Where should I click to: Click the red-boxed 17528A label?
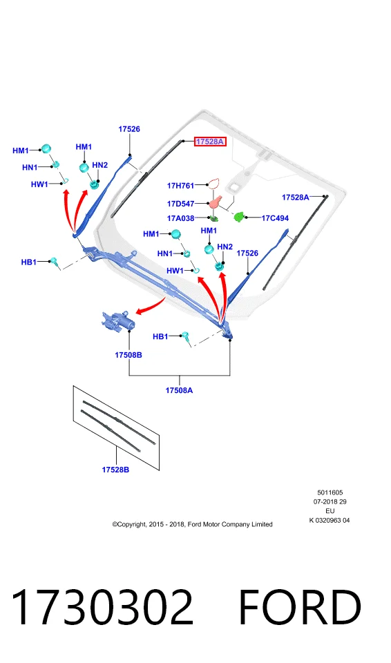(x=210, y=142)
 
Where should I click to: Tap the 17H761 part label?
(x=180, y=185)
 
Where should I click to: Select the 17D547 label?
(x=180, y=204)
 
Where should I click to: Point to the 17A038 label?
(x=180, y=218)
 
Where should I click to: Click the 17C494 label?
(x=275, y=218)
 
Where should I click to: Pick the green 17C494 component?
(x=240, y=217)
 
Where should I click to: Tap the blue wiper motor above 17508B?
(x=119, y=321)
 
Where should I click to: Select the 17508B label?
(x=128, y=355)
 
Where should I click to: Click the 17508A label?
(x=179, y=390)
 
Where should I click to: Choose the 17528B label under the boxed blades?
(x=115, y=470)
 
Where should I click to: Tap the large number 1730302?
(x=102, y=607)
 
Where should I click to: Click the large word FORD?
(x=300, y=607)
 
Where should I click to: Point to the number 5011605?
(x=330, y=492)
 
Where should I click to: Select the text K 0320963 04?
(x=330, y=521)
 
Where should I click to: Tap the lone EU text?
(x=330, y=511)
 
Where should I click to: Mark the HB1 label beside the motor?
(x=160, y=336)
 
